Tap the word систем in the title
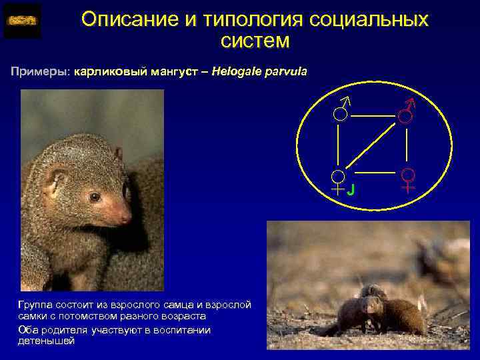255,41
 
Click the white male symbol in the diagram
341,110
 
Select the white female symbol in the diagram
339,181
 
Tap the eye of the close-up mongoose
95,197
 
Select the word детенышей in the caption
46,341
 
